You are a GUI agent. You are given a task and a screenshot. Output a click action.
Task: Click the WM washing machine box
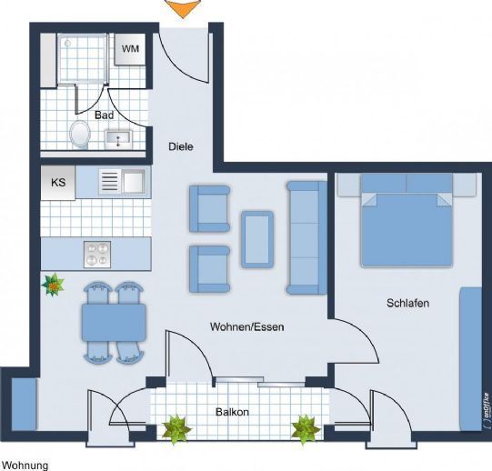pyautogui.click(x=130, y=49)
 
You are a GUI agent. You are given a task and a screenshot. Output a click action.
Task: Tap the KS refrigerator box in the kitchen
pyautogui.click(x=58, y=183)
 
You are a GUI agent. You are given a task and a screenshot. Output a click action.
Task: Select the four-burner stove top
pyautogui.click(x=97, y=255)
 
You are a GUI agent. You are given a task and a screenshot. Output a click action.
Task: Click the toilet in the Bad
pyautogui.click(x=80, y=135)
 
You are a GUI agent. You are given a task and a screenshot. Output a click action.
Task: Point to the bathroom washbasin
pyautogui.click(x=118, y=140)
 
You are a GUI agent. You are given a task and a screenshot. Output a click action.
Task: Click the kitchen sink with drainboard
pyautogui.click(x=123, y=181)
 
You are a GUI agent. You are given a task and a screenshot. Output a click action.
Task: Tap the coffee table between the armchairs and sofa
pyautogui.click(x=257, y=239)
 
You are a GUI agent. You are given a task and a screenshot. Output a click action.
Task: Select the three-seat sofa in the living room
pyautogui.click(x=306, y=237)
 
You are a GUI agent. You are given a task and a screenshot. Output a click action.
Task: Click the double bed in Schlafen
pyautogui.click(x=407, y=220)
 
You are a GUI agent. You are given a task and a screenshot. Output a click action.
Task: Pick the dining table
pyautogui.click(x=114, y=322)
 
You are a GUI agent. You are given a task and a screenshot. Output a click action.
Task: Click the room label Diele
pyautogui.click(x=181, y=146)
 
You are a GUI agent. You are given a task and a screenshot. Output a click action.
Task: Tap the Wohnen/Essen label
pyautogui.click(x=247, y=326)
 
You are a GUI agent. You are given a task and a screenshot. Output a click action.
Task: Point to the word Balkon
pyautogui.click(x=232, y=412)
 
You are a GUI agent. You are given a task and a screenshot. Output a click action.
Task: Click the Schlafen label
pyautogui.click(x=408, y=303)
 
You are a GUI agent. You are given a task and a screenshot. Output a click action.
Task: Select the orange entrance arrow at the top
pyautogui.click(x=183, y=8)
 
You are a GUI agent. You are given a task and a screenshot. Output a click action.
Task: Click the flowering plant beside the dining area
pyautogui.click(x=53, y=285)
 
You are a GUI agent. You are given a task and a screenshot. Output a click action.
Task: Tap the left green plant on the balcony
pyautogui.click(x=176, y=429)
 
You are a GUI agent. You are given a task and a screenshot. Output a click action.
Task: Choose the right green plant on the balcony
pyautogui.click(x=306, y=429)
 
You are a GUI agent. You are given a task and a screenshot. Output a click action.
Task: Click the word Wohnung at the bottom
pyautogui.click(x=25, y=466)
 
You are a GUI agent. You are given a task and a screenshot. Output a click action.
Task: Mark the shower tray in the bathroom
pyautogui.click(x=83, y=59)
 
